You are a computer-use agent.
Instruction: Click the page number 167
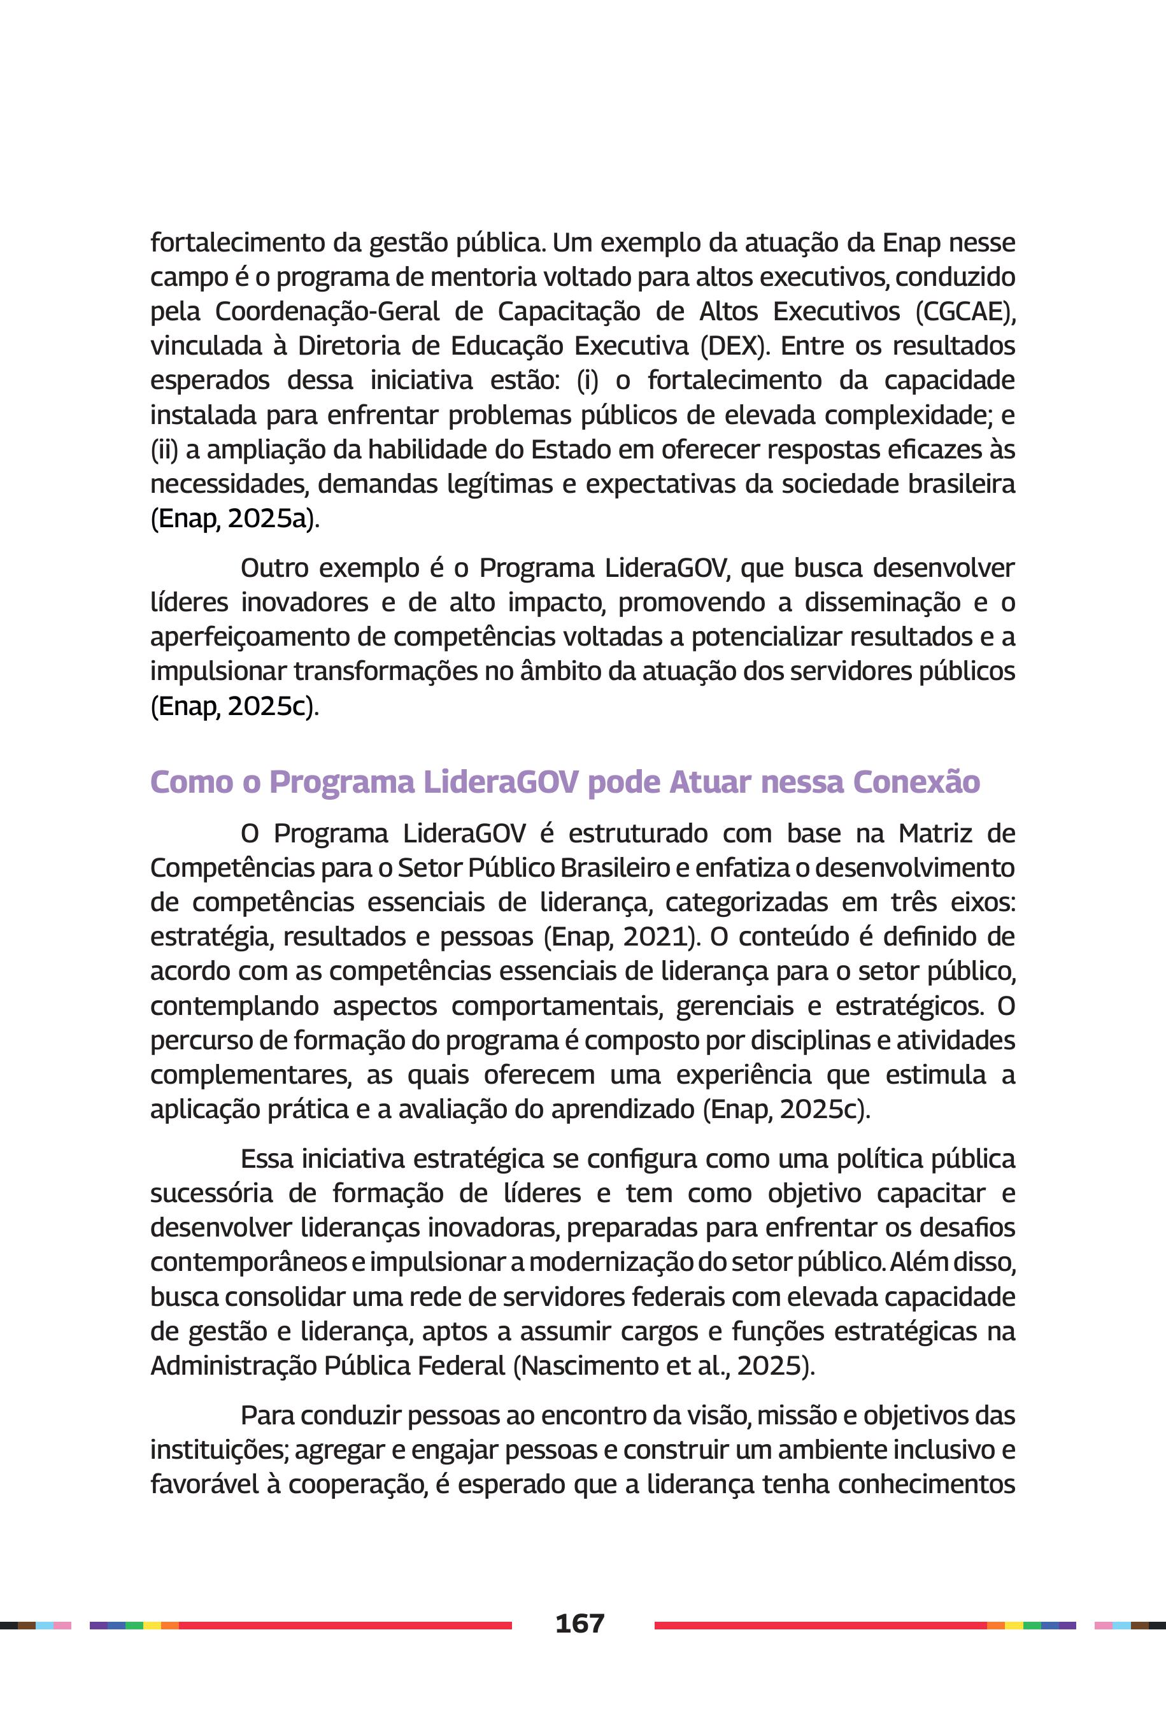pos(579,1624)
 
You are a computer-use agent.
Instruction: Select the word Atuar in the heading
pos(709,782)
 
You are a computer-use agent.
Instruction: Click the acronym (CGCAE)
pos(965,311)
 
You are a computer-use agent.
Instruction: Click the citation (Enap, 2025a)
pos(234,519)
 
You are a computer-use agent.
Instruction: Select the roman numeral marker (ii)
pos(164,450)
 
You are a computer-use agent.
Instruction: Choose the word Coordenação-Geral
pos(327,311)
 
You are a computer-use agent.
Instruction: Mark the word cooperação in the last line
pos(358,1485)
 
